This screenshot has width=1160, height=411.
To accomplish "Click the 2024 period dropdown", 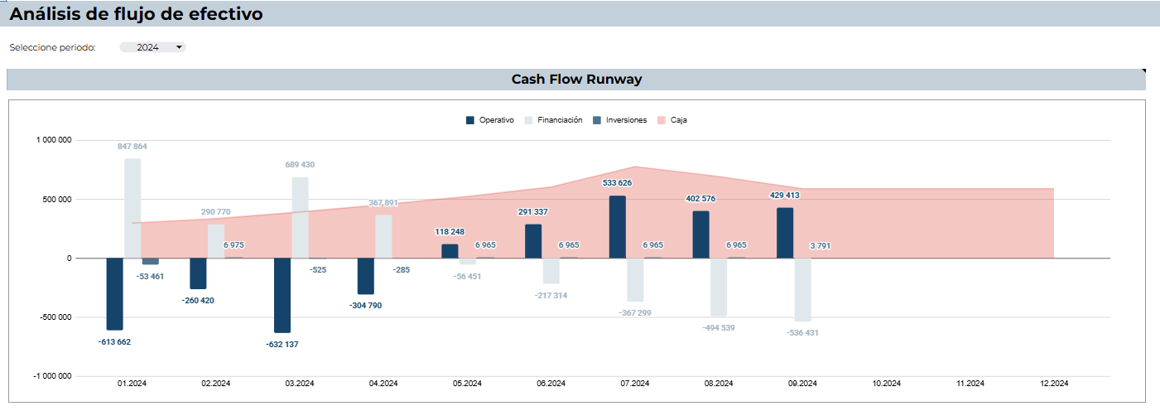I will [152, 47].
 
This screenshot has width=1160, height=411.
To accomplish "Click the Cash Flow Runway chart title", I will [576, 80].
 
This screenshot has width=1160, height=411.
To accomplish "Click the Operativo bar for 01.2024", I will [114, 293].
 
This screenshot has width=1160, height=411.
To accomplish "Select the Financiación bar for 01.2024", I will [132, 208].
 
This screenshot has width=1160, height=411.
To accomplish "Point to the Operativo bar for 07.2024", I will [617, 227].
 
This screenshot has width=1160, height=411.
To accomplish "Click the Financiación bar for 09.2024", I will [802, 289].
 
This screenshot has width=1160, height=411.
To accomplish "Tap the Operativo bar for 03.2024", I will [282, 295].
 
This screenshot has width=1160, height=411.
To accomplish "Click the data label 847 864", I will [132, 147].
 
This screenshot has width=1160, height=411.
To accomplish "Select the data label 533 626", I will [617, 183].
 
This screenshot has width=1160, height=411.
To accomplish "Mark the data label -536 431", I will [802, 333].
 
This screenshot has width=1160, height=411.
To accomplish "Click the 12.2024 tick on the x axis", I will [1053, 384].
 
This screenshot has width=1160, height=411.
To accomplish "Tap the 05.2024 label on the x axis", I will [467, 384].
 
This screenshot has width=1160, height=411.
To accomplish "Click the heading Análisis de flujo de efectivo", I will [137, 14].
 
